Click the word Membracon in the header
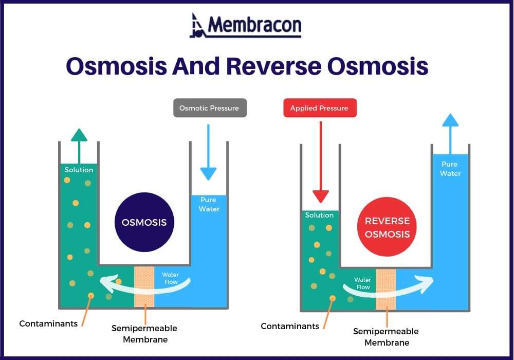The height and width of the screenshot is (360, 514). (254, 25)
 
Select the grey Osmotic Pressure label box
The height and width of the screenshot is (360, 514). (209, 108)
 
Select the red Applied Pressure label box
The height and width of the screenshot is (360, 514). (319, 108)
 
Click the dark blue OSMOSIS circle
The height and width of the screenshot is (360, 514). (144, 223)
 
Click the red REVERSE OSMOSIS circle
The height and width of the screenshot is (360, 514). (387, 227)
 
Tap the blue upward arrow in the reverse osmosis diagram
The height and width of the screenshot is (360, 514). (450, 134)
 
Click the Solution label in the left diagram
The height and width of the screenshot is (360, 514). (79, 170)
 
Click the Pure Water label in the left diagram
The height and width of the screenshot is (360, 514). (209, 204)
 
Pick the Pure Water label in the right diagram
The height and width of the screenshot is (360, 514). (450, 169)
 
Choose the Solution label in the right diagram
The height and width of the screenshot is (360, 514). (319, 215)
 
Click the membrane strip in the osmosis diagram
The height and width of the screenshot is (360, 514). (144, 286)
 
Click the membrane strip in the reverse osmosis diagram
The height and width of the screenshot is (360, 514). (386, 289)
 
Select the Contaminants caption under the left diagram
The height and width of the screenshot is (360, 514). (48, 323)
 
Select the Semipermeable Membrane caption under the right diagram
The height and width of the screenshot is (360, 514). (386, 337)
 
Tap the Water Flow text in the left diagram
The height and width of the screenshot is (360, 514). (171, 278)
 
